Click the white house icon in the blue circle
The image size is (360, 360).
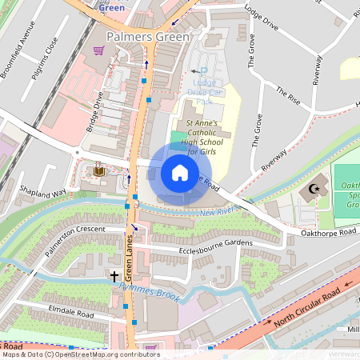(x=180, y=173)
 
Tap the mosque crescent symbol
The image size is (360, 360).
(x=313, y=191)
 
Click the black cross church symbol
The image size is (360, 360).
(x=114, y=276)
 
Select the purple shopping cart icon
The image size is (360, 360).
(x=98, y=50)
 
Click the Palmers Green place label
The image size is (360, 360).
(x=148, y=37)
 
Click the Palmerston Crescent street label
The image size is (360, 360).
(x=76, y=239)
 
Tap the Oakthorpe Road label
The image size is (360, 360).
(x=329, y=232)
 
